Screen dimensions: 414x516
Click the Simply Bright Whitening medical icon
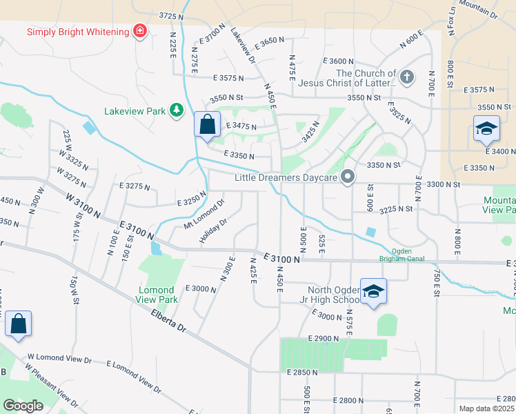pos(140,31)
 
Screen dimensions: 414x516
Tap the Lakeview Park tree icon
pos(177,110)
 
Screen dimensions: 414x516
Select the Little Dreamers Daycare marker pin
pos(348,178)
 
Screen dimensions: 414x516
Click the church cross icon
pos(407,77)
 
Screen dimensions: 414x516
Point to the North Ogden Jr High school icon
pos(373,290)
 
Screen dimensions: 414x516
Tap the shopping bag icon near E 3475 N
pos(207,125)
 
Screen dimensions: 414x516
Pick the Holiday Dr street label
pos(213,231)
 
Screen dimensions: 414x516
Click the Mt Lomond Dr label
pos(204,215)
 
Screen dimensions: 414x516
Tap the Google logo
pos(23,406)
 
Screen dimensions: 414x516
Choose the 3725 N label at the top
pos(171,15)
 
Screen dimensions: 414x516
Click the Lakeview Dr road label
pos(243,46)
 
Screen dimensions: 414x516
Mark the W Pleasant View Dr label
pos(52,390)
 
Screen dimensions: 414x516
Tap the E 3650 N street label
pos(269,42)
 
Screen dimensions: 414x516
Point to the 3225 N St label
pos(395,208)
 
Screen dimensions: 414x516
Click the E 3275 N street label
pos(134,186)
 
